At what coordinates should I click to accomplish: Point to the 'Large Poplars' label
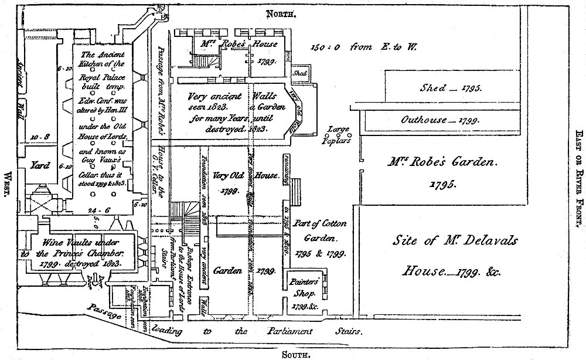(x=339, y=134)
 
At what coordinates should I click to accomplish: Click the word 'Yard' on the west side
(x=39, y=165)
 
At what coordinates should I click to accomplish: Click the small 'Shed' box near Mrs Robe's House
(x=300, y=73)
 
